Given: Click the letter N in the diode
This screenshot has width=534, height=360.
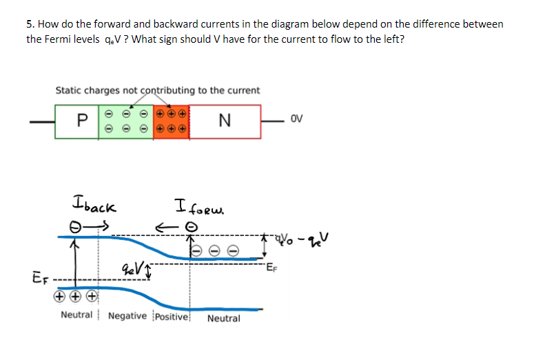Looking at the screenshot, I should (223, 121).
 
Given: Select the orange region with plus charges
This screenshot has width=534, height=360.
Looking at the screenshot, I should (171, 121).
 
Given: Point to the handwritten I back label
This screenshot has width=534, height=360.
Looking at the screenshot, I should (94, 206).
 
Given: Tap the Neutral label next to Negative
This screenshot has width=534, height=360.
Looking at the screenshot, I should (76, 315).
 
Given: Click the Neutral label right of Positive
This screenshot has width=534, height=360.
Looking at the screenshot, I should (223, 319).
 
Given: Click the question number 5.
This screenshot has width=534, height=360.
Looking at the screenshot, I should (29, 24).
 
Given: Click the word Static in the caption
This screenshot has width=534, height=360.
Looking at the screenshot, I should (69, 90).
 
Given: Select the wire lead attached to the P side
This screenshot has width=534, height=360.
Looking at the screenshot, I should (41, 121).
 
